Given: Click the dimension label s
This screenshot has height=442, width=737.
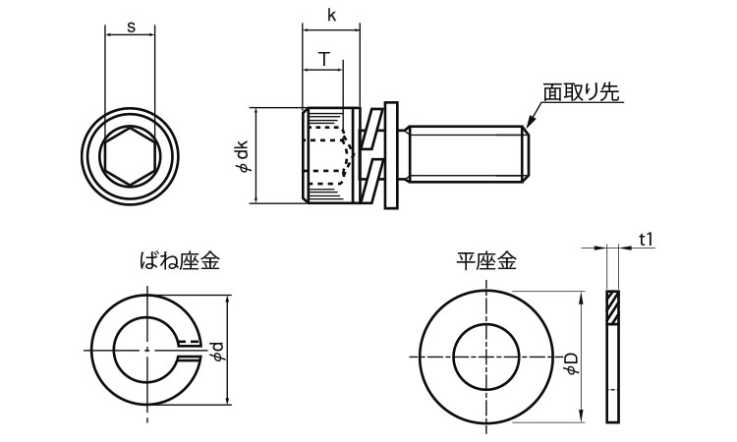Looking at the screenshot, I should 131,27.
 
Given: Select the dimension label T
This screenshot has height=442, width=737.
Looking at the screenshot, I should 322,59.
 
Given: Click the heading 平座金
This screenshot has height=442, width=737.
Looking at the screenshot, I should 485,261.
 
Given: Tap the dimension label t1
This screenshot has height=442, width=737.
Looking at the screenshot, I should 646,239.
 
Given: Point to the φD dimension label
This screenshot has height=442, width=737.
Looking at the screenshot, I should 571,357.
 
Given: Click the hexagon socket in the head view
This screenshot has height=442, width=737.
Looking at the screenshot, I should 130,155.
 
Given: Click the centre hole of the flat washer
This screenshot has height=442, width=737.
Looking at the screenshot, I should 486,354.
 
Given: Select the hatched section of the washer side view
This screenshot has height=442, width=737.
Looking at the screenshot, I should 613,308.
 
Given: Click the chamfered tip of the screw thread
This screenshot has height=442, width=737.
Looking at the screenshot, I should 524,154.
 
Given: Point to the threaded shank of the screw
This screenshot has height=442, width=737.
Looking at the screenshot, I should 462,154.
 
